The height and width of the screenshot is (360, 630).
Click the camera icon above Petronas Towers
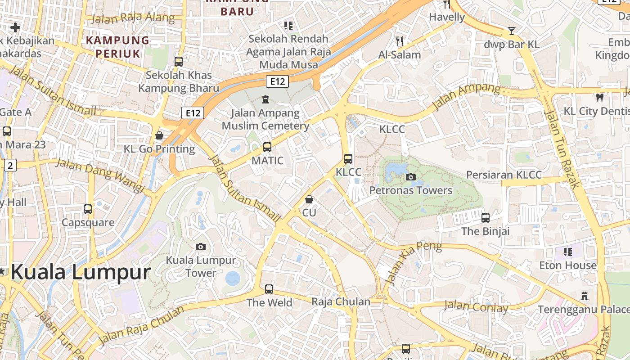pyautogui.click(x=410, y=177)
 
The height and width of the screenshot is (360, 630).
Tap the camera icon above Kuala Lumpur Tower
pyautogui.click(x=201, y=247)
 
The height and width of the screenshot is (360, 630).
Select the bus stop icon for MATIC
pyautogui.click(x=267, y=147)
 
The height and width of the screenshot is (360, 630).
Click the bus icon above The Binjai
pyautogui.click(x=485, y=218)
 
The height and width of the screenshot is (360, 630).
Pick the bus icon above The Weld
pyautogui.click(x=269, y=289)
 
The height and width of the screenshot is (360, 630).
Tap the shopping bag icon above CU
pyautogui.click(x=309, y=199)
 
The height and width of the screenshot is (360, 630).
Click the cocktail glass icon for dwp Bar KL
pyautogui.click(x=512, y=31)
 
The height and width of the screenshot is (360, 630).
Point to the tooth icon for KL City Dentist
pyautogui.click(x=599, y=97)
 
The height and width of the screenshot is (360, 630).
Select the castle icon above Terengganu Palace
pyautogui.click(x=585, y=296)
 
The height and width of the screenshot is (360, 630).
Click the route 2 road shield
pyautogui.click(x=11, y=165)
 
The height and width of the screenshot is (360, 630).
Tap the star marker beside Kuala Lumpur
pyautogui.click(x=3, y=271)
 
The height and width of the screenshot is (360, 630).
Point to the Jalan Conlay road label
pyautogui.click(x=476, y=307)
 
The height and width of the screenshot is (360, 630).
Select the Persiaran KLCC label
pyautogui.click(x=504, y=175)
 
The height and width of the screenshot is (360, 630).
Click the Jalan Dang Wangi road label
pyautogui.click(x=100, y=175)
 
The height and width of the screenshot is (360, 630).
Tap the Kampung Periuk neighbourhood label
pyautogui.click(x=117, y=47)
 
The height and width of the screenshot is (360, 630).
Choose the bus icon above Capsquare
pyautogui.click(x=88, y=209)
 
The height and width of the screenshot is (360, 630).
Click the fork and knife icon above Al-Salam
pyautogui.click(x=400, y=41)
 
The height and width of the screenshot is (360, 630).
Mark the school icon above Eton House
pyautogui.click(x=567, y=252)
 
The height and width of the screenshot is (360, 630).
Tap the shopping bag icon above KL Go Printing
pyautogui.click(x=159, y=135)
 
